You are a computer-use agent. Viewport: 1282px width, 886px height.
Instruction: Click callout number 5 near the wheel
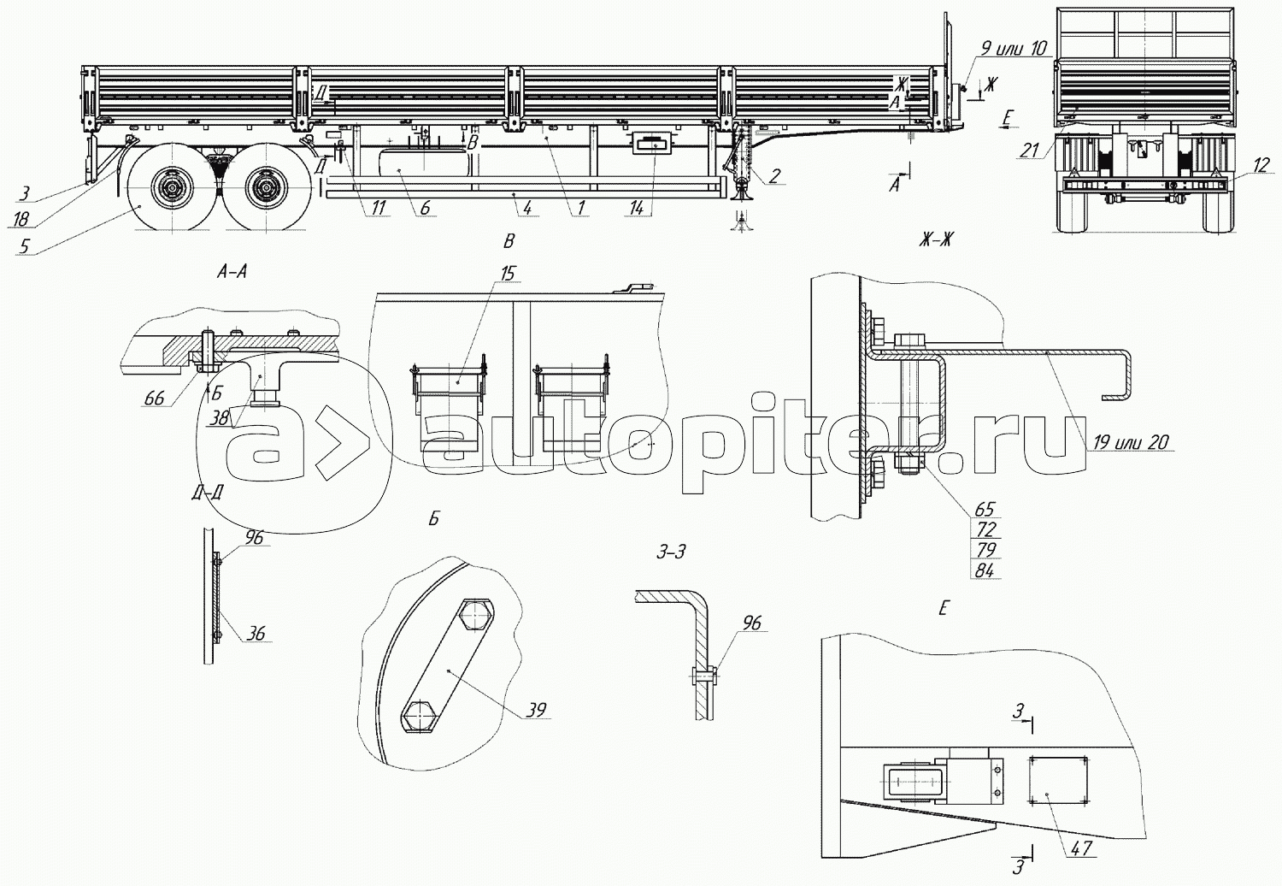coord(24,247)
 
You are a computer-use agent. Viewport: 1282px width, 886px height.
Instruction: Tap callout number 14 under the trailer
coord(637,209)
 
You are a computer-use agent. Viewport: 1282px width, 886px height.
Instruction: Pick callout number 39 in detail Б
coord(536,709)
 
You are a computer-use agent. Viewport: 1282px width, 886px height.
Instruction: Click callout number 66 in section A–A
coord(154,398)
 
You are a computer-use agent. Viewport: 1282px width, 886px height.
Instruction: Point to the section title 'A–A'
coord(232,273)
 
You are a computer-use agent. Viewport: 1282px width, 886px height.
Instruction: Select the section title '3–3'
coord(671,552)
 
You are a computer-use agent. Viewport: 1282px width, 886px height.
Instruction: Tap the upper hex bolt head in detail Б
coord(475,615)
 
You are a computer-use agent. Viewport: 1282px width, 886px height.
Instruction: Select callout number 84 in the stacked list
coord(985,570)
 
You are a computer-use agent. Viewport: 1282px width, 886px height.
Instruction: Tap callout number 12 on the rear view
coord(1261,166)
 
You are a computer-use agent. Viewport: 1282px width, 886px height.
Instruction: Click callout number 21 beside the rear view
coord(1030,151)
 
